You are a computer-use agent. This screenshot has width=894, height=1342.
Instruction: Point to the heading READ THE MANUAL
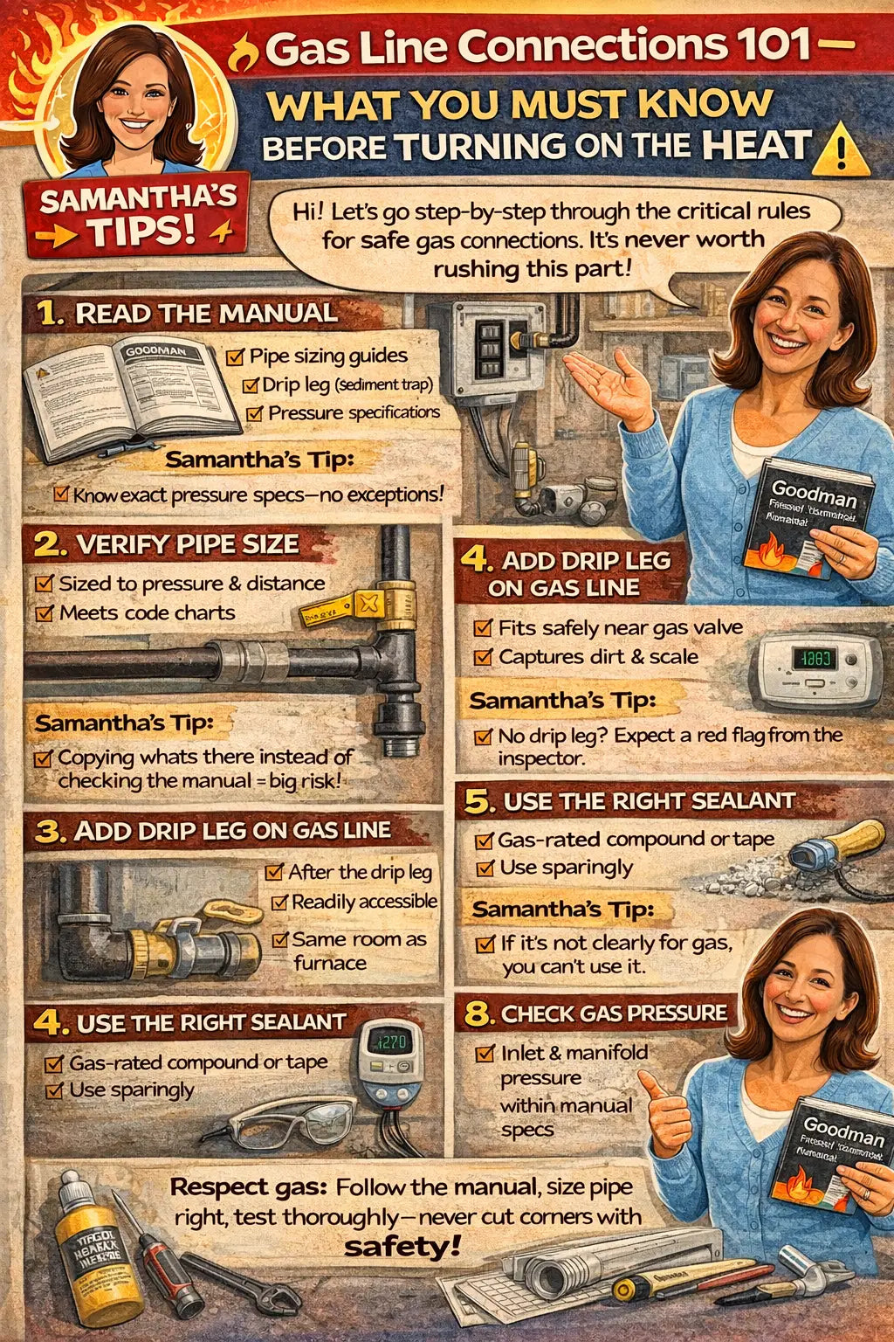(x=206, y=314)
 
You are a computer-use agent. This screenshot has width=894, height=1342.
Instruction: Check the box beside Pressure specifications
(x=254, y=413)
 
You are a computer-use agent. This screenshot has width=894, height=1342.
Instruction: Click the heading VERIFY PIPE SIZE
(x=187, y=544)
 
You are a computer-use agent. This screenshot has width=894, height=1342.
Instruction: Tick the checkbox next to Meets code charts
(x=44, y=613)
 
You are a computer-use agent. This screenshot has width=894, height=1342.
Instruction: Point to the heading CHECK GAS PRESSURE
(x=614, y=1013)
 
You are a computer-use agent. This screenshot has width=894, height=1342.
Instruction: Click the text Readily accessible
(x=364, y=902)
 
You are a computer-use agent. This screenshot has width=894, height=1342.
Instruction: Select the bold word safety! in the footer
(x=402, y=1246)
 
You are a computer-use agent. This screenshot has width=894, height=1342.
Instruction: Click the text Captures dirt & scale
(x=598, y=656)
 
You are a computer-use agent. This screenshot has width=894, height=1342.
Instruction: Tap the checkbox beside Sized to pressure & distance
(x=44, y=584)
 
